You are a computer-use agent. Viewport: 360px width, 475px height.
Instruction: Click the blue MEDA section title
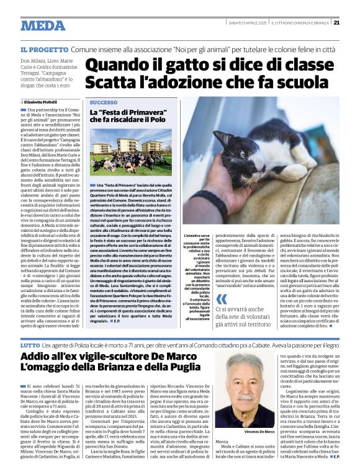point(43,25)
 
